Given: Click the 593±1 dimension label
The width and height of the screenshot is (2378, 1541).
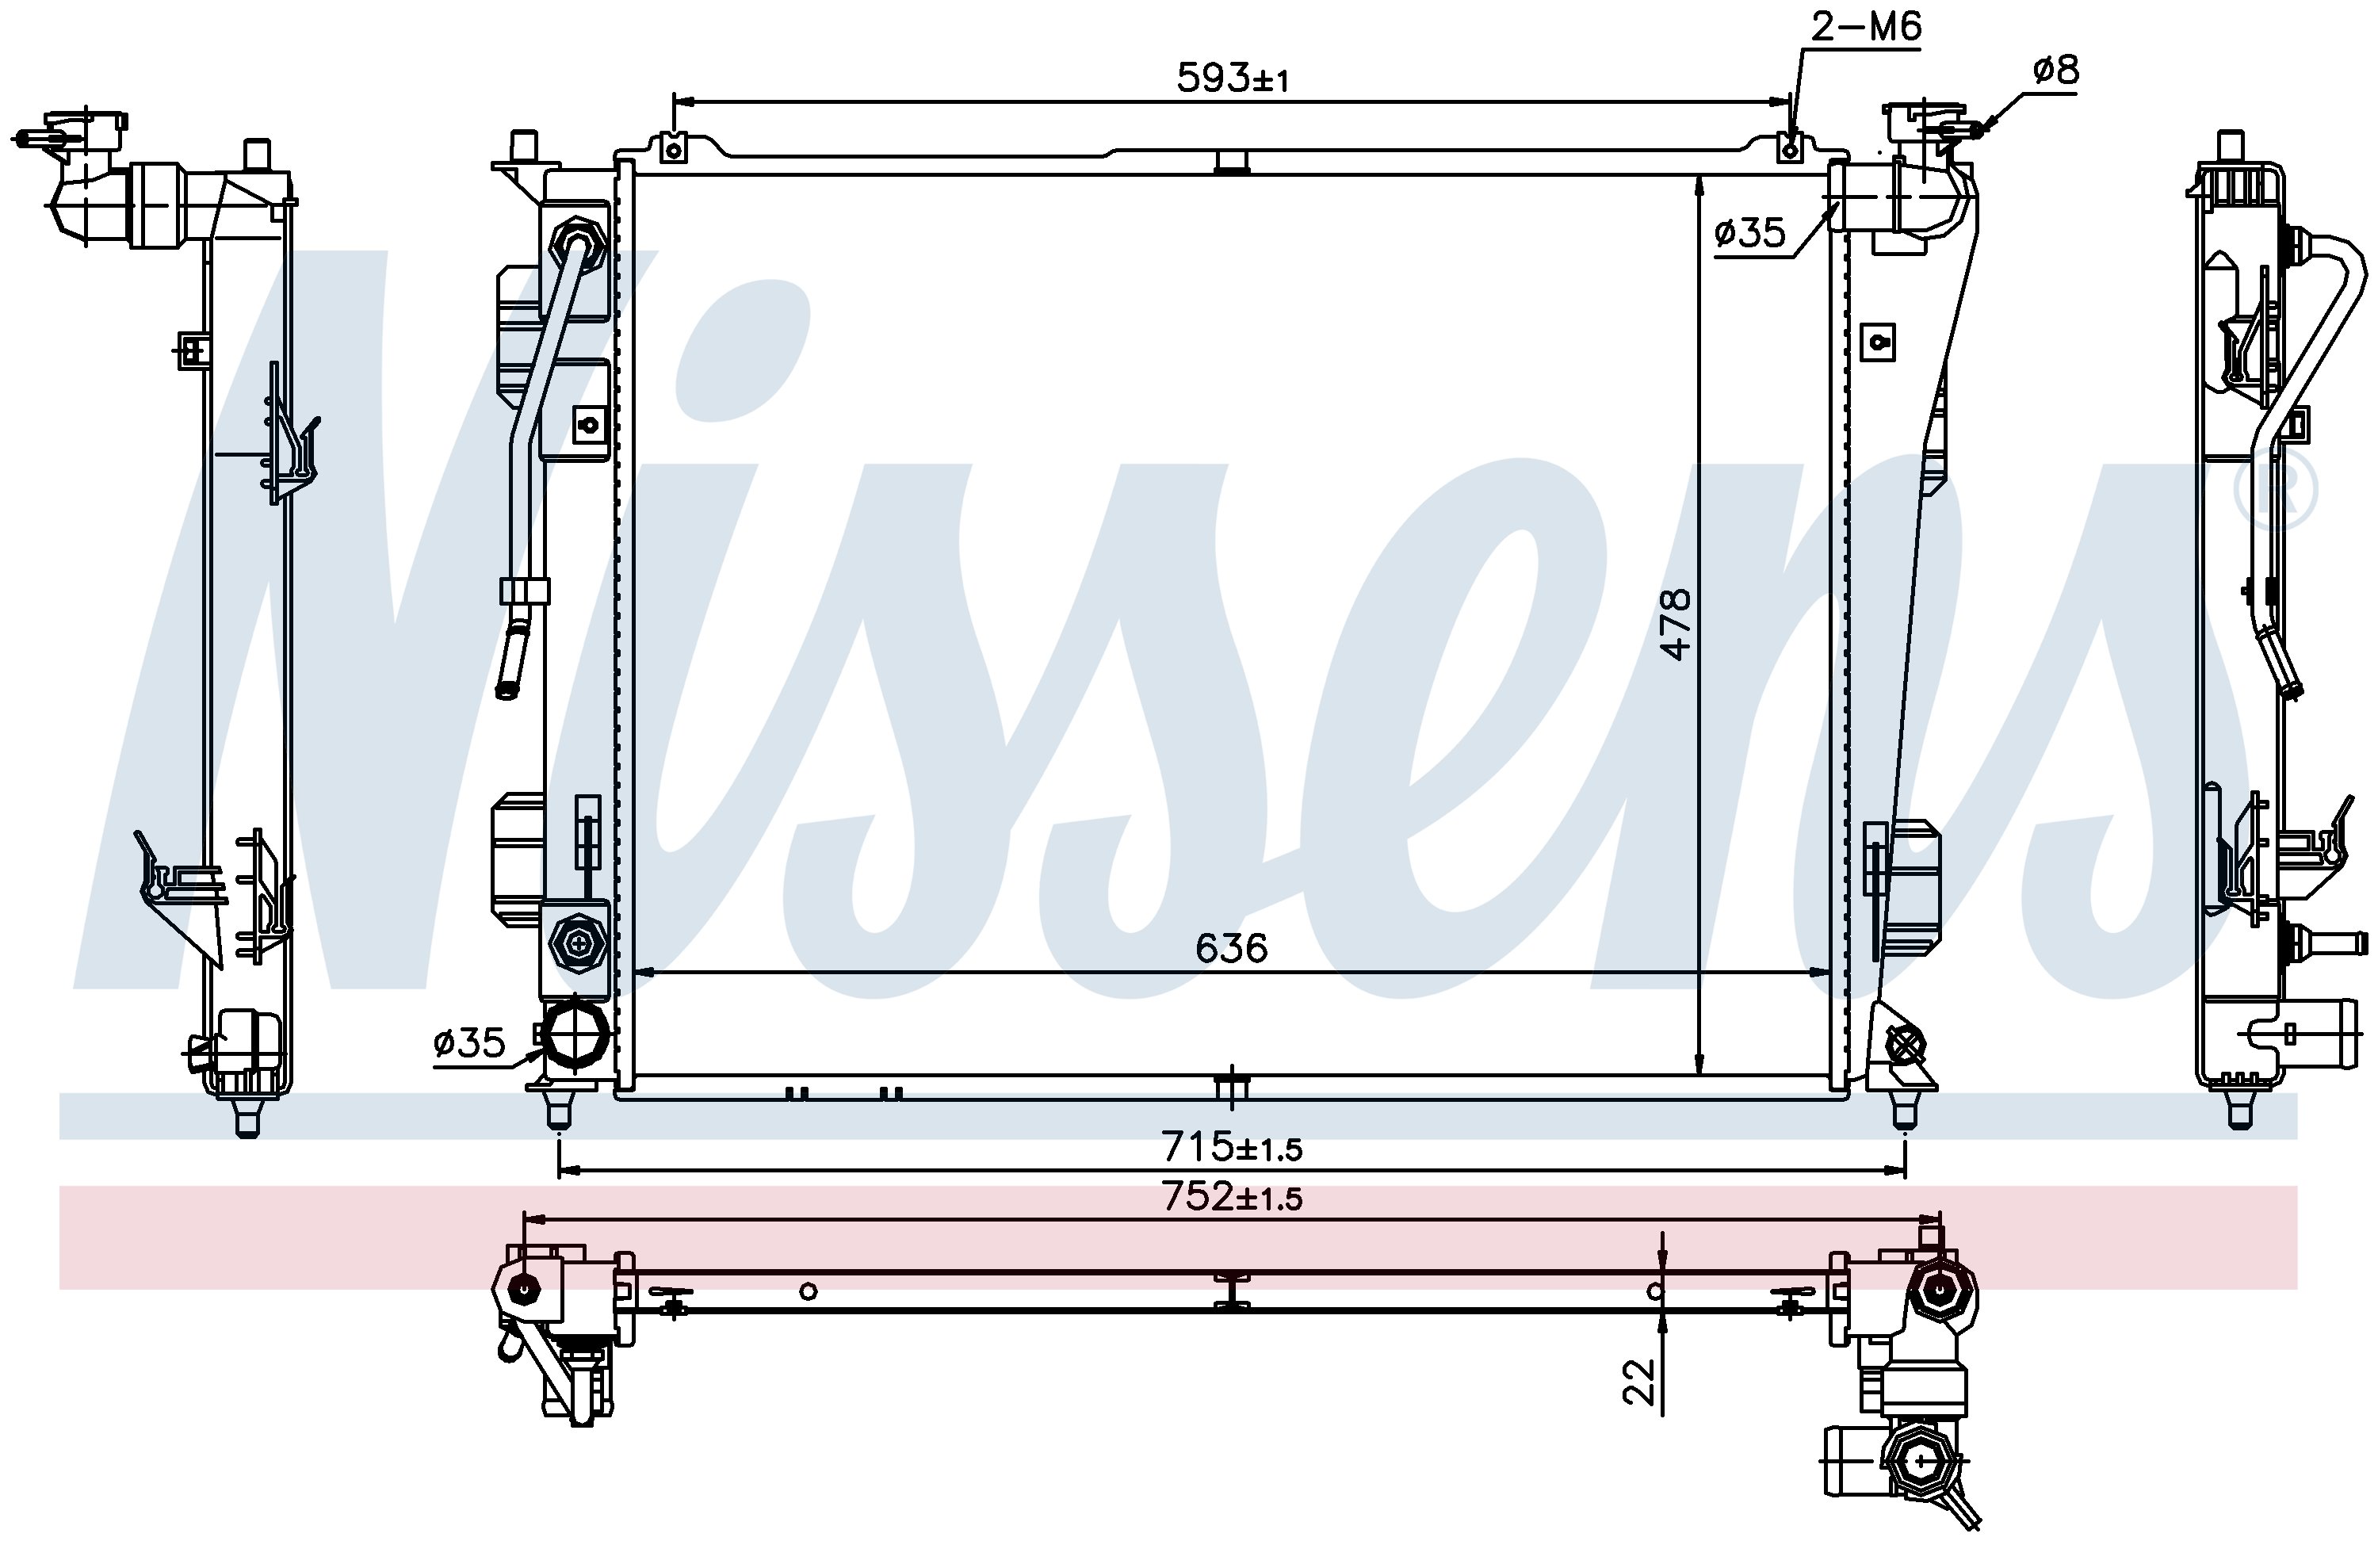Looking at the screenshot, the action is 1233,78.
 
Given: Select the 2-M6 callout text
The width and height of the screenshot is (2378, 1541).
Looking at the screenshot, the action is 1867,26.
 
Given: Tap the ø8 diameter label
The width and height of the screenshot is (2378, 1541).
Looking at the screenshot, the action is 2055,70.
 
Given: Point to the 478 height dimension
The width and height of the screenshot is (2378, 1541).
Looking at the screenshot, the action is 1675,625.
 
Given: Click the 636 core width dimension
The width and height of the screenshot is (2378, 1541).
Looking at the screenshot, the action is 1231,947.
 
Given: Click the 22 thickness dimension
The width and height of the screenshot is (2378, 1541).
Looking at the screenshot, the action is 1639,1382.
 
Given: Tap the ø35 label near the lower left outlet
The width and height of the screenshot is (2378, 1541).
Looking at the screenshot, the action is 469,1042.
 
